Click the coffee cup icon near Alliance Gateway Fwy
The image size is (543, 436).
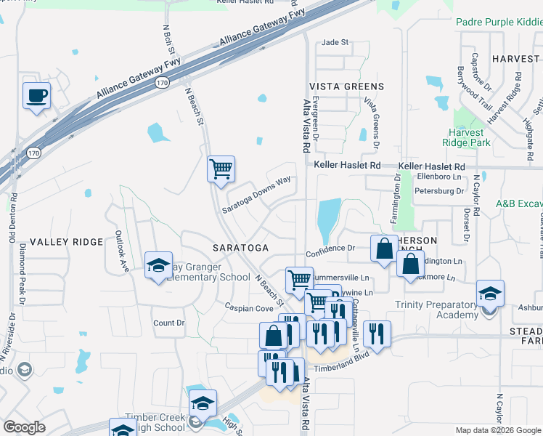tap(36, 95)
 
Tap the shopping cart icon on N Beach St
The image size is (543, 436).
tap(221, 169)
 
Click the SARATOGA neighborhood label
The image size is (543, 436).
tap(240, 248)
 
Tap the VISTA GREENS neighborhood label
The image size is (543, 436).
tap(346, 86)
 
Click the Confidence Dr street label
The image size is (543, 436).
tap(330, 248)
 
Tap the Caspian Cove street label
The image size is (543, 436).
tap(247, 307)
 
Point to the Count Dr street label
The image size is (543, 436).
tap(169, 323)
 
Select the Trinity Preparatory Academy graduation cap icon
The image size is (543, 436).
tap(490, 294)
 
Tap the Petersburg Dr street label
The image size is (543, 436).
tap(438, 191)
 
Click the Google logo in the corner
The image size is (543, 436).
tap(24, 427)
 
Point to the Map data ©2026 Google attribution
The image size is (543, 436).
tap(499, 430)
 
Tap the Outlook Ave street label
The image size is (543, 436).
tap(121, 251)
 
